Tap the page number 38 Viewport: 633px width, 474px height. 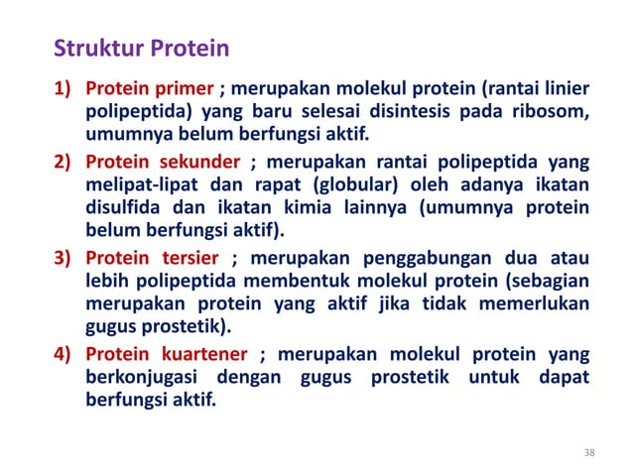[590, 453]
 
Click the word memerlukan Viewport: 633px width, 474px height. [535, 306]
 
